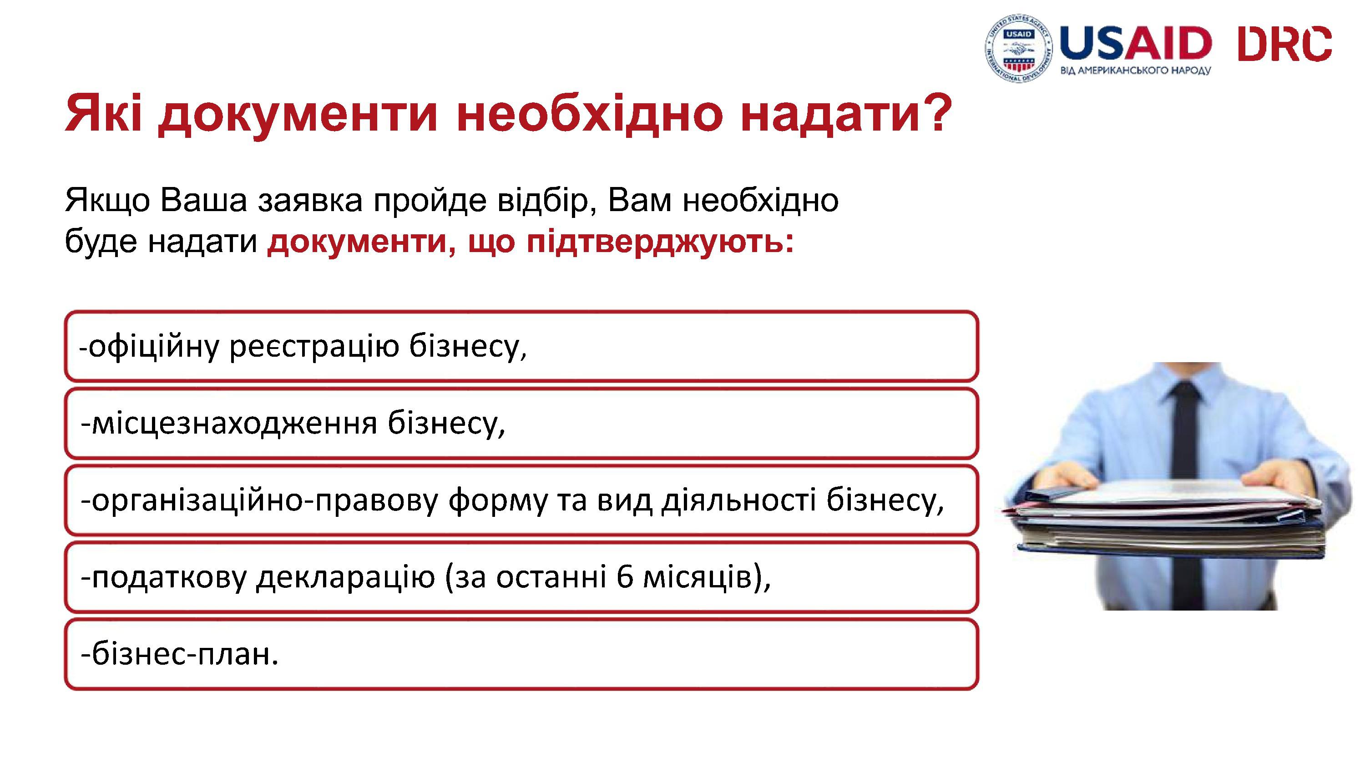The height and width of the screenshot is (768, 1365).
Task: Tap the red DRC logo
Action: pyautogui.click(x=1284, y=45)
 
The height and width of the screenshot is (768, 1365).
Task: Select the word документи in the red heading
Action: pyautogui.click(x=298, y=115)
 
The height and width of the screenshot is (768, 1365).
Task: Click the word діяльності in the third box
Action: pyautogui.click(x=738, y=500)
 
